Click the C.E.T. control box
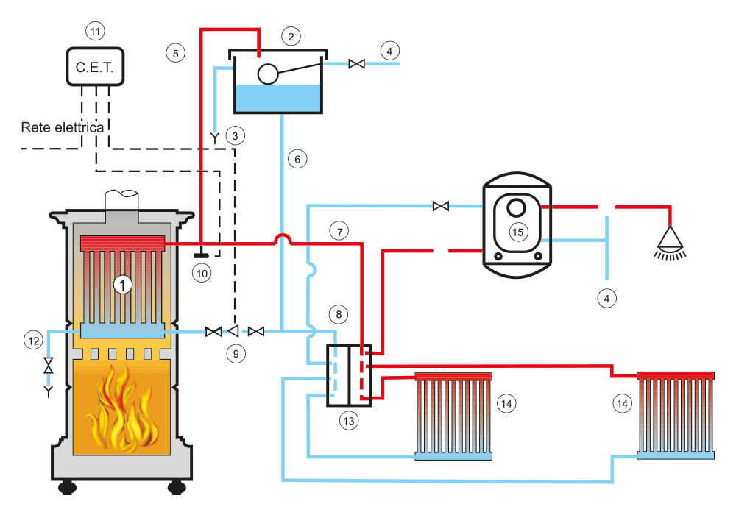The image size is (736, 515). (95, 67)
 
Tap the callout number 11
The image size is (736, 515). (95, 32)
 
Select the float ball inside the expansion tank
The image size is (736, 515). (268, 74)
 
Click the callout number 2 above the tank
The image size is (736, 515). (291, 37)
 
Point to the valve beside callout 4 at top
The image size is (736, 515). (357, 63)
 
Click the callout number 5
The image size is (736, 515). (176, 53)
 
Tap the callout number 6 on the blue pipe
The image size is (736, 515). (297, 160)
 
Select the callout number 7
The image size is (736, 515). (339, 231)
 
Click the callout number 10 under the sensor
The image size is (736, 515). (202, 274)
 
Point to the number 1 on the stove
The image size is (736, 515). (122, 285)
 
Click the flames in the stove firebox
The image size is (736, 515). (122, 408)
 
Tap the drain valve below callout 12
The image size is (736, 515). (49, 366)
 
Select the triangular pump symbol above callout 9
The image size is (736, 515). (233, 331)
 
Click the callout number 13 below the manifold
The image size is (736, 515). (349, 421)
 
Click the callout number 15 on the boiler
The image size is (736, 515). (517, 232)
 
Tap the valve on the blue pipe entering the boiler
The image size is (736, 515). (441, 206)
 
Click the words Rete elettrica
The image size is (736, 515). (63, 127)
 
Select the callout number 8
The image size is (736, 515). (339, 314)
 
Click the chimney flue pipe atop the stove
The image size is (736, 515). (121, 202)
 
